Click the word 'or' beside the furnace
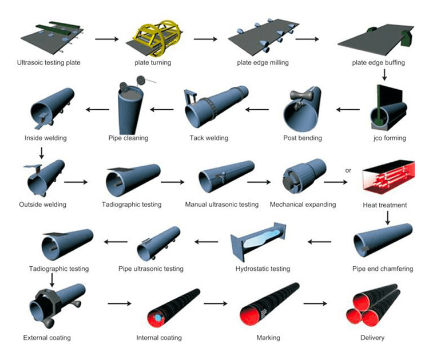348,170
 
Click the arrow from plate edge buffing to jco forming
384,74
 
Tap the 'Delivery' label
372,338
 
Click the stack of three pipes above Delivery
373,306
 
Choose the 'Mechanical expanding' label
302,204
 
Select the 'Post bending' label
303,138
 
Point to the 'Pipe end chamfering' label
383,269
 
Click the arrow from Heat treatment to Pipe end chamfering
388,218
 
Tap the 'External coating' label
47,338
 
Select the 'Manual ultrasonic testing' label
222,204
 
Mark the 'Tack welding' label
209,138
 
